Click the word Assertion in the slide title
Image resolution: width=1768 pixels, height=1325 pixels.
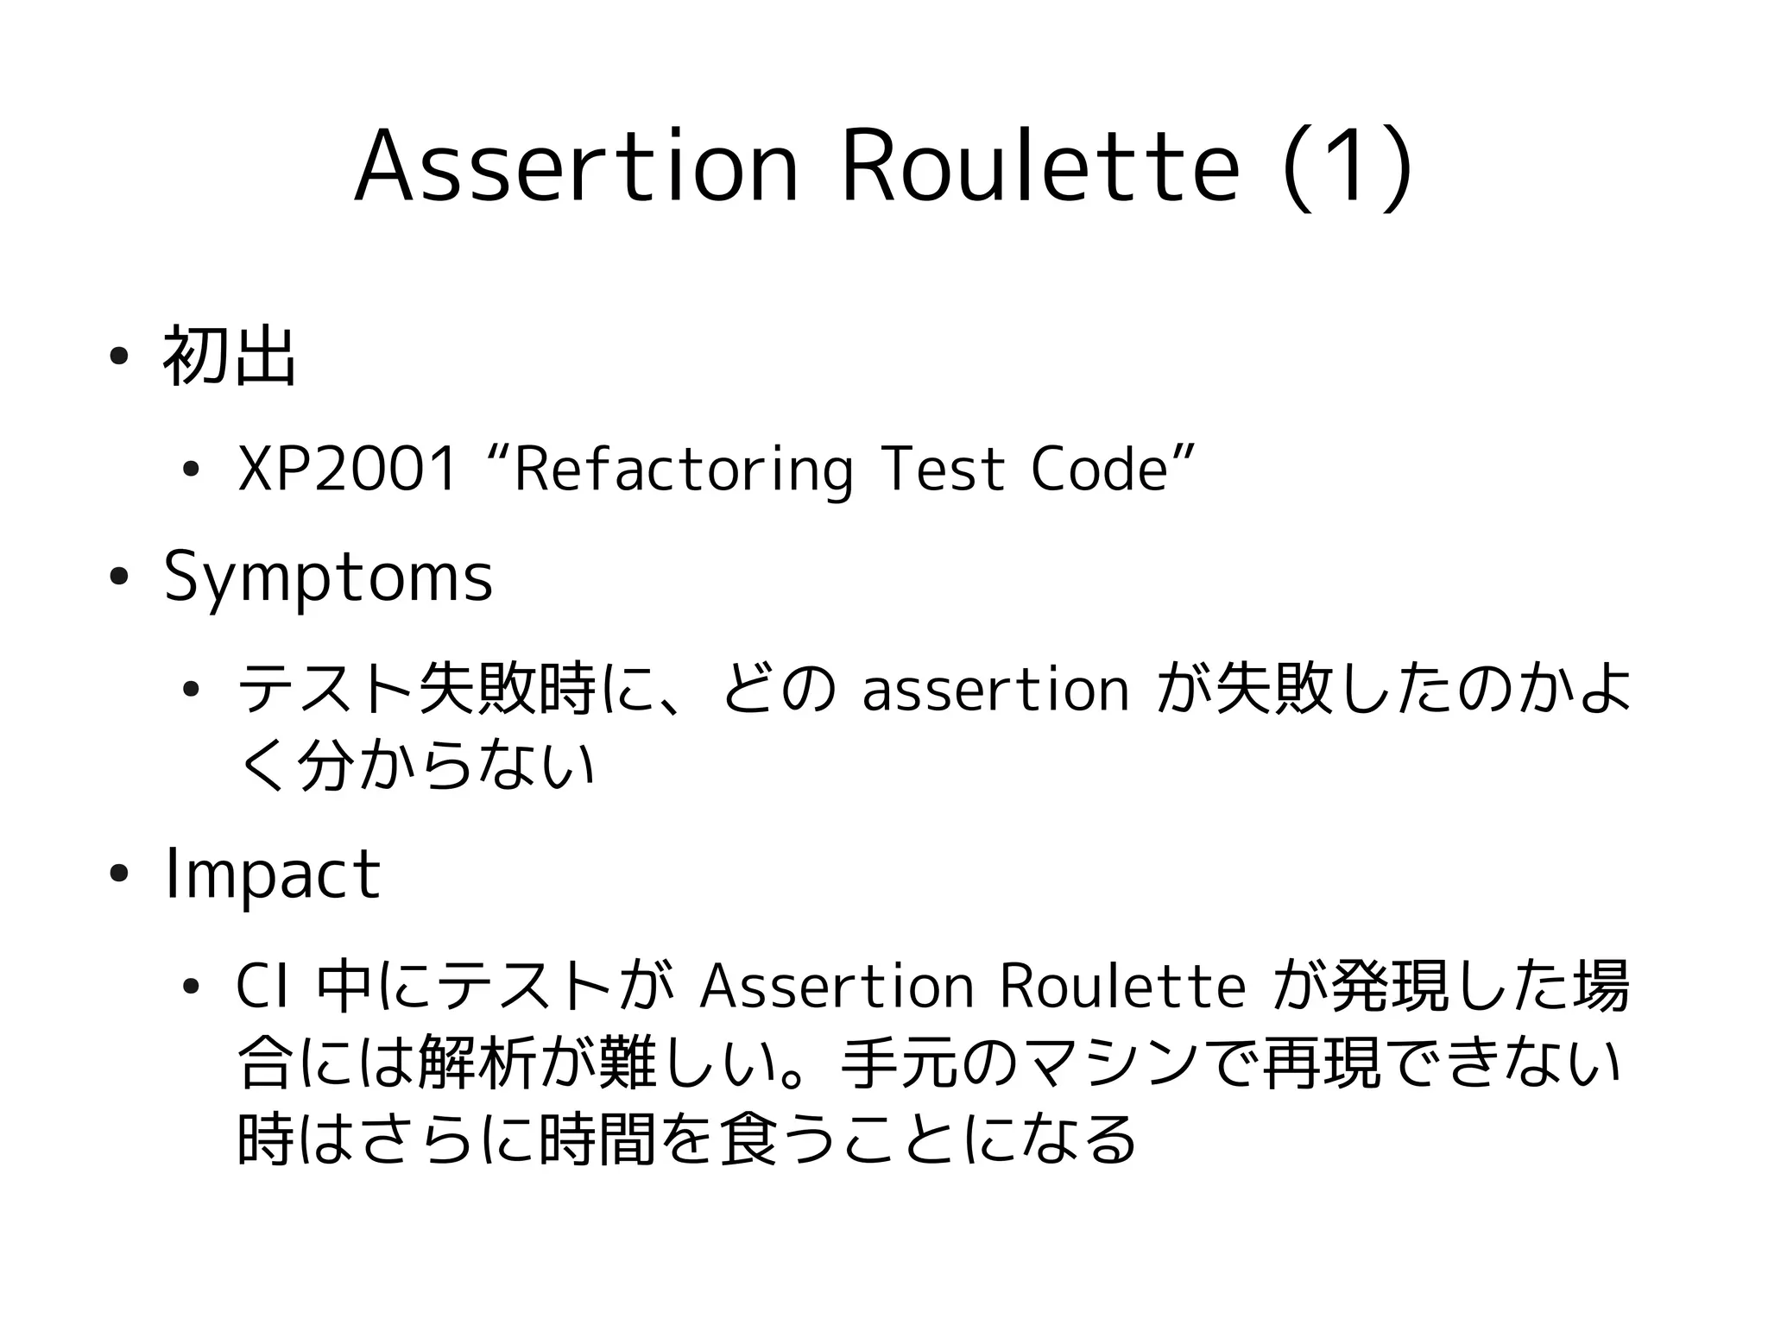click(577, 167)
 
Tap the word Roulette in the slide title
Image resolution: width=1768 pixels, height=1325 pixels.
click(1040, 167)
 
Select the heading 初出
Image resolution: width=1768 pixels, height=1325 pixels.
click(230, 356)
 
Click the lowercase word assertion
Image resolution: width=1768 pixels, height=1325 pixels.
click(994, 690)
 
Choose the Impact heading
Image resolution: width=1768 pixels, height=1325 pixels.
click(272, 874)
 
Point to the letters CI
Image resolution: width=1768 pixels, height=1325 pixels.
click(262, 987)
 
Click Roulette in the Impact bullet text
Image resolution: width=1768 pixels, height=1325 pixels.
click(1122, 987)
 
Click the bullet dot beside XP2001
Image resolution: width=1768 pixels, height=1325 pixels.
click(191, 470)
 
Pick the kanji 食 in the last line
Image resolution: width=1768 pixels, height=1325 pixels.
click(748, 1138)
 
